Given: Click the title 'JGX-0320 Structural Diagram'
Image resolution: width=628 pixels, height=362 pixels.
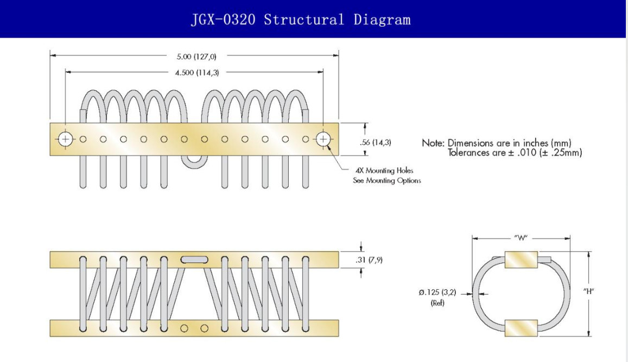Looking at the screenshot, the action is (x=301, y=19).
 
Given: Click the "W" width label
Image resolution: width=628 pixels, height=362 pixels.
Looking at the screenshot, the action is (x=521, y=238).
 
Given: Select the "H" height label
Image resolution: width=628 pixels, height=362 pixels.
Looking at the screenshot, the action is (x=588, y=291).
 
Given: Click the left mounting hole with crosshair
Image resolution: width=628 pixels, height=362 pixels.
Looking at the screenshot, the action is (x=65, y=139).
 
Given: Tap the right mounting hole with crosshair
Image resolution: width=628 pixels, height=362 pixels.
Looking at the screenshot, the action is (x=323, y=139).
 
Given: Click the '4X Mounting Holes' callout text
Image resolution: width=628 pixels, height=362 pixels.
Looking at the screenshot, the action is (x=384, y=170).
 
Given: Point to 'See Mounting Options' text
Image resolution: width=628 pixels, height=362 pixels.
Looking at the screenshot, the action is (x=387, y=180).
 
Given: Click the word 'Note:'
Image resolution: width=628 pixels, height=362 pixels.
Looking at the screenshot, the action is (x=433, y=143).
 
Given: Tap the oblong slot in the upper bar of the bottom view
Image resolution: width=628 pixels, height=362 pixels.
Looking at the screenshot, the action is (x=194, y=260).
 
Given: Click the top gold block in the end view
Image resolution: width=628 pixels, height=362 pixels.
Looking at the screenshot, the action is (x=521, y=260).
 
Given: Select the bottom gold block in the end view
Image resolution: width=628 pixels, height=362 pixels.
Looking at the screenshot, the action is (x=521, y=328).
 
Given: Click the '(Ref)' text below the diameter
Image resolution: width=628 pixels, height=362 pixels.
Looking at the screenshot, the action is (x=437, y=303).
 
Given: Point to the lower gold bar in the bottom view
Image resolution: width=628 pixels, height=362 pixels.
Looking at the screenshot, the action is (x=194, y=328).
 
